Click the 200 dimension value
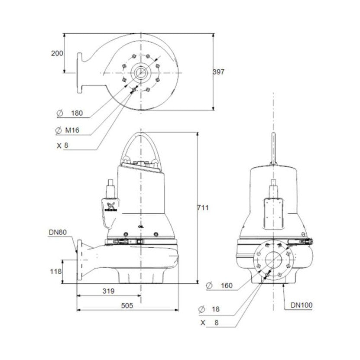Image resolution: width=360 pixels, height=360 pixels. pos(57,53)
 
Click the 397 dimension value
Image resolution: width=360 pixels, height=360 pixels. pos(219,72)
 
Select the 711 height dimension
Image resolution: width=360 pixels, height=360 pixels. pos(203,208)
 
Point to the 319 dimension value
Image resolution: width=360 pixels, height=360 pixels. pos(108,292)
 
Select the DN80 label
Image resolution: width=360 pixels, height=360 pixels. pos(57,233)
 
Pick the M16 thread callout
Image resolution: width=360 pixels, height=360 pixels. pos(73,130)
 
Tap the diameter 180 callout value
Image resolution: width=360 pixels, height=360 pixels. pos(76,114)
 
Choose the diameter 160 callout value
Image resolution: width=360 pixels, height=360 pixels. pos(226,285)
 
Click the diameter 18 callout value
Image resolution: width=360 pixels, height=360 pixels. pos(216,309)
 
